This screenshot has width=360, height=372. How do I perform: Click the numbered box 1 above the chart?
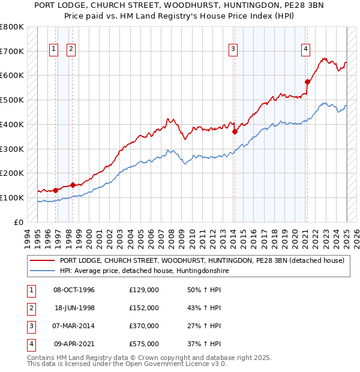(54, 49)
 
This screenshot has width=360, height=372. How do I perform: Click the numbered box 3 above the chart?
(232, 49)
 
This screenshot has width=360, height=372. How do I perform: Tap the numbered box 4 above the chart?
(305, 49)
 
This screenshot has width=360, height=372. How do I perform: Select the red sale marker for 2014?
(235, 131)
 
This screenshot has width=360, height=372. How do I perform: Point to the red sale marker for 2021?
(307, 82)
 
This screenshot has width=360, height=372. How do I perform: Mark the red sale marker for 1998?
(73, 185)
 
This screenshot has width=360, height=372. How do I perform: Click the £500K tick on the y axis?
(12, 100)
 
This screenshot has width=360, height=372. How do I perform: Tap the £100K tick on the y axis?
(12, 197)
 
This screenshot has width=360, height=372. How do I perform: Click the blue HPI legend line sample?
(43, 271)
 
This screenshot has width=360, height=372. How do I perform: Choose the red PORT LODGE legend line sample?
(43, 260)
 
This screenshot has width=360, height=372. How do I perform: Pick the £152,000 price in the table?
(144, 308)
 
